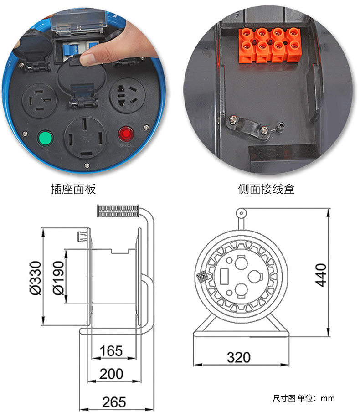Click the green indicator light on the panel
coord(46,138)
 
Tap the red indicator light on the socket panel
coord(126,134)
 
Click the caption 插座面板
coord(73,189)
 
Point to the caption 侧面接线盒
coord(266,189)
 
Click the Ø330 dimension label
coord(36,278)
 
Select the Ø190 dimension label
coord(58,278)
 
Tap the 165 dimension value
coord(111,351)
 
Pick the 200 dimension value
coord(111,374)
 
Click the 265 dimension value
coord(114,402)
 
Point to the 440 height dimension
coord(321,275)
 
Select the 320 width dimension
coord(238,357)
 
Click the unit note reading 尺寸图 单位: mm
coord(303,398)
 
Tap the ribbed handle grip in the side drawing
coord(118,211)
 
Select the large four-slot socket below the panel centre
coord(85,137)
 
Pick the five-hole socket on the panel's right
coord(127,96)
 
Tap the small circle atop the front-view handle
coord(241,213)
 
